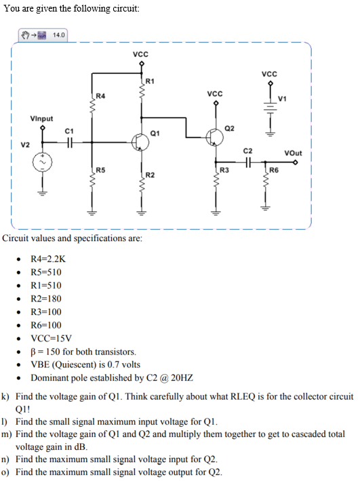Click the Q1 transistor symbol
pyautogui.click(x=140, y=142)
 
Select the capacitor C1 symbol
pyautogui.click(x=68, y=142)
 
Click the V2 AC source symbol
pyautogui.click(x=43, y=163)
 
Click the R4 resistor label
pyautogui.click(x=100, y=96)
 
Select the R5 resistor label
pyautogui.click(x=100, y=169)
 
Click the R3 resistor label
pyautogui.click(x=224, y=169)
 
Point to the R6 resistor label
pyautogui.click(x=275, y=169)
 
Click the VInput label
pyautogui.click(x=41, y=119)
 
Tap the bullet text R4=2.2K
pyautogui.click(x=49, y=259)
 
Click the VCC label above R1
pyautogui.click(x=140, y=54)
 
